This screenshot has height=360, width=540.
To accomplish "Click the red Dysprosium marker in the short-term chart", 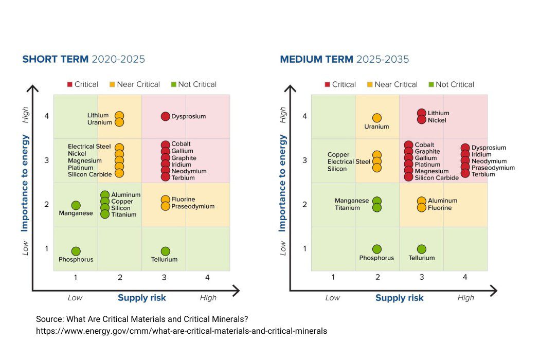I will (x=165, y=117).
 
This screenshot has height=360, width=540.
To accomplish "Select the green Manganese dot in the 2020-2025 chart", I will (x=76, y=206).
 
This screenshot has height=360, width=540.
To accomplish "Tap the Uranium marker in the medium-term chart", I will (x=377, y=118).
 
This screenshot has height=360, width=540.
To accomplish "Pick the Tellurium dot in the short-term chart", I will (x=165, y=251).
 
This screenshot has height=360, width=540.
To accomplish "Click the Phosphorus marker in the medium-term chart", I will (x=377, y=249).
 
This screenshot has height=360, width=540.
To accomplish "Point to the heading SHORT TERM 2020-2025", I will (x=83, y=59).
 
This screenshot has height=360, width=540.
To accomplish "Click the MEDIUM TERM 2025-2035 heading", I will (x=344, y=59).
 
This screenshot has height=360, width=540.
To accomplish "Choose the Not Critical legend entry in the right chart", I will (x=455, y=84).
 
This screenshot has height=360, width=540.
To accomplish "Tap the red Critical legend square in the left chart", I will (x=69, y=84).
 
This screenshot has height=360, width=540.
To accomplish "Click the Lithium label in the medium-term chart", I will (x=438, y=113).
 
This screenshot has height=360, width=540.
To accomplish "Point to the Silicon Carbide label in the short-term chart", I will (x=89, y=175).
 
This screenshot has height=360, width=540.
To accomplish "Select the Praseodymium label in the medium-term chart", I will (x=493, y=168).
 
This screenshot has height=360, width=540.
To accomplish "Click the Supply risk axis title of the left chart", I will (x=142, y=298).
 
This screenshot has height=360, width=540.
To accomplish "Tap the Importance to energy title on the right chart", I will (x=282, y=183).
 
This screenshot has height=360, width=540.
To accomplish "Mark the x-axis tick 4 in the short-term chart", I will (x=207, y=278).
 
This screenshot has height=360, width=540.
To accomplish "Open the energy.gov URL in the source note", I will (x=181, y=331).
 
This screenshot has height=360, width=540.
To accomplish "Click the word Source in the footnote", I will (x=49, y=319).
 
